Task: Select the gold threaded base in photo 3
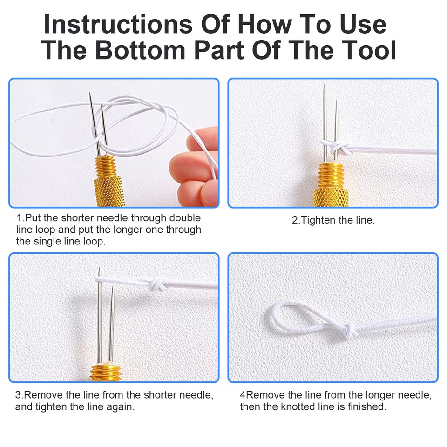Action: [106, 372]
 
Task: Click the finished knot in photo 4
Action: [351, 329]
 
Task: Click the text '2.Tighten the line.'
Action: [333, 220]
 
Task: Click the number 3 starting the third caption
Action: [18, 395]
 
